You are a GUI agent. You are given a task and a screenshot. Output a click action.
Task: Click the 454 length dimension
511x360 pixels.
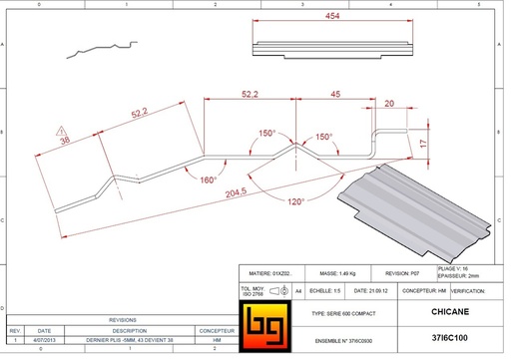[331, 17]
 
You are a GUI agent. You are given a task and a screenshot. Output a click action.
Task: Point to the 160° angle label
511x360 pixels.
[208, 180]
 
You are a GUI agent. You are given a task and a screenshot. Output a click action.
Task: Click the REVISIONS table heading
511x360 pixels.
[122, 321]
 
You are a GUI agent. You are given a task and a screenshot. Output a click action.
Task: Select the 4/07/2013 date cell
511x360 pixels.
[44, 339]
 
